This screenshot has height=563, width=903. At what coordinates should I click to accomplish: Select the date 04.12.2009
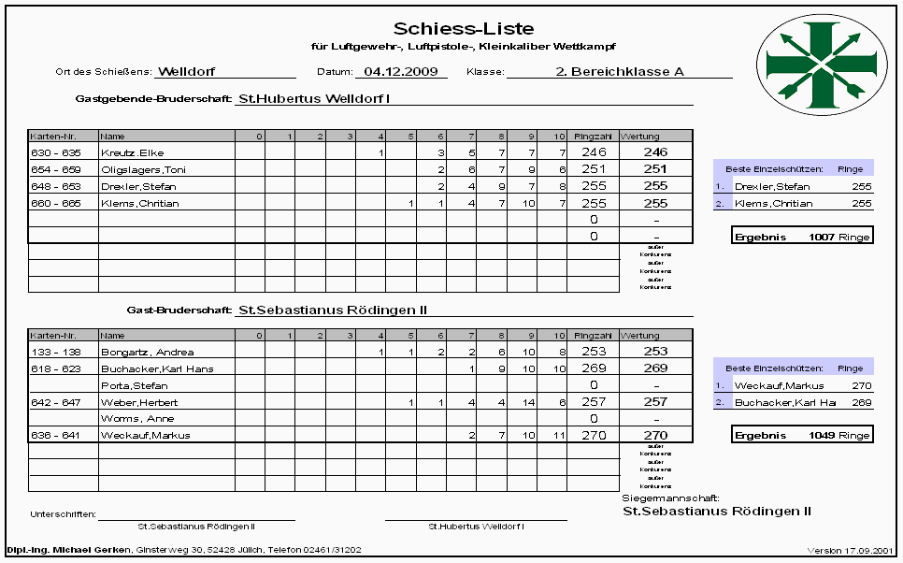(x=400, y=71)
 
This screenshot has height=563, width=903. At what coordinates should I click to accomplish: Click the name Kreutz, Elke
(x=132, y=152)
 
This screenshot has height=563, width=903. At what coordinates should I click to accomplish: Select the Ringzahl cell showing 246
(x=593, y=152)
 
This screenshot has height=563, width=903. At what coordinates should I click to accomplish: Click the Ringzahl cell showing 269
(x=593, y=368)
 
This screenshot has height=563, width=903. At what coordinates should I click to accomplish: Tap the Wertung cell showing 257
(x=655, y=402)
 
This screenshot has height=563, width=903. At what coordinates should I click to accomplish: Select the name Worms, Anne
(x=132, y=419)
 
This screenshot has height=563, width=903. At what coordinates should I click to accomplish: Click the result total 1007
(x=823, y=237)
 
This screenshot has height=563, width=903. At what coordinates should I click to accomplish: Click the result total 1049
(x=823, y=436)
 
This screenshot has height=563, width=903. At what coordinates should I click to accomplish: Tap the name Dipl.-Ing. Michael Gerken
(x=69, y=550)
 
